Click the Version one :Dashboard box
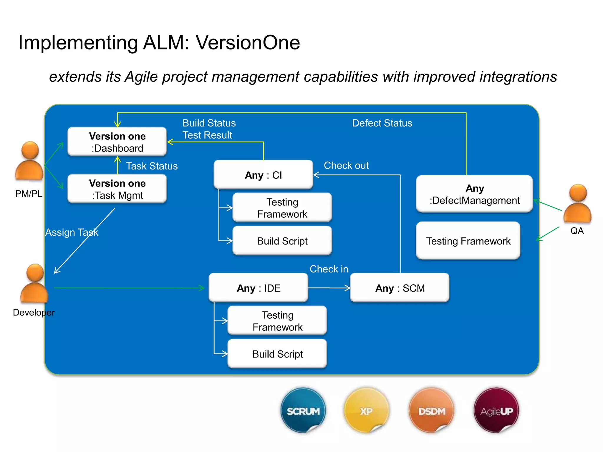117,142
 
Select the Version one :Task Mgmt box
117,189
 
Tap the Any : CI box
263,175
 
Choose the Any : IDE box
258,288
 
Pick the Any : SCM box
400,288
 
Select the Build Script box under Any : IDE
277,354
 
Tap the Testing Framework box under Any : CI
282,208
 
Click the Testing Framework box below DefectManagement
468,241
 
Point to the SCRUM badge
303,411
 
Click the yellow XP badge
366,411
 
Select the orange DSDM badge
431,411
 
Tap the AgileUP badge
496,411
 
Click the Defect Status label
382,123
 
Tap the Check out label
346,165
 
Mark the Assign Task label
72,232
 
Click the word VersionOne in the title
248,43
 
